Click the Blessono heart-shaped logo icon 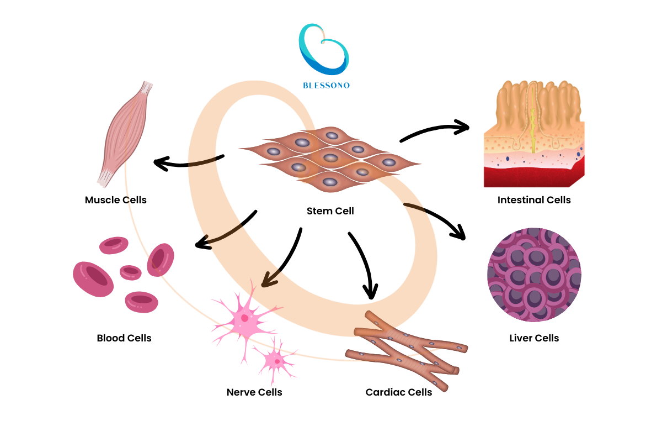tap(324, 50)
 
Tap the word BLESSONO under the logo tap(326, 86)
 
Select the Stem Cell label tap(330, 211)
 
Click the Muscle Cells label tap(116, 199)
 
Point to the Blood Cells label tap(124, 338)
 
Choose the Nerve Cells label tap(254, 392)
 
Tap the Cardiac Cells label tap(399, 392)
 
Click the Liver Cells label tap(534, 338)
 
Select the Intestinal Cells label tap(534, 199)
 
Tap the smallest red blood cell tap(131, 272)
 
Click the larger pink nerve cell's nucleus tap(244, 318)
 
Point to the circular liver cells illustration tap(534, 275)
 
